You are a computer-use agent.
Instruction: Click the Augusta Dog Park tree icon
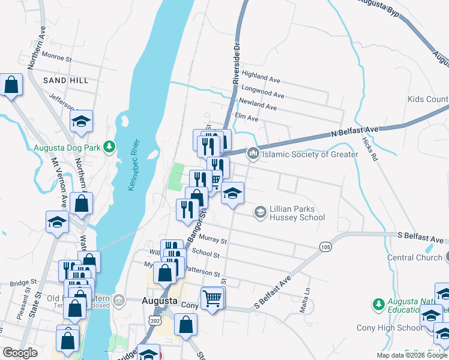tap(109, 146)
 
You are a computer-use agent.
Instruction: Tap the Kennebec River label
tap(133, 165)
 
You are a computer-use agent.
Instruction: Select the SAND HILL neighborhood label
tap(65, 80)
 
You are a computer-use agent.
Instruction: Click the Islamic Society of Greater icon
tap(253, 154)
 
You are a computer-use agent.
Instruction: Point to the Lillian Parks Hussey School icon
tap(261, 211)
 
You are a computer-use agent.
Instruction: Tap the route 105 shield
tap(325, 247)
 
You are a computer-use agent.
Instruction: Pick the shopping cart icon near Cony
tap(212, 298)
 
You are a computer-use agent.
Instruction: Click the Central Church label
tap(414, 257)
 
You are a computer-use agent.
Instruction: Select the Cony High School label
tap(397, 328)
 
